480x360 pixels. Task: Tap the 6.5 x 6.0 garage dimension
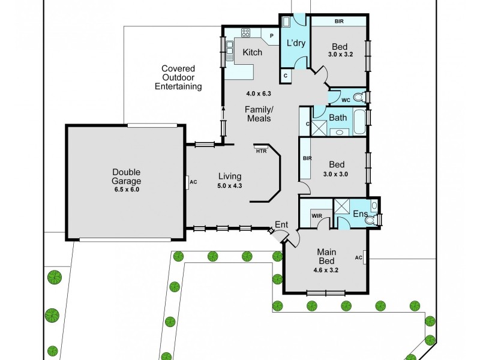[x=126, y=189]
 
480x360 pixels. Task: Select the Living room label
[x=229, y=176]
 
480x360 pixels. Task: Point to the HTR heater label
[x=261, y=151]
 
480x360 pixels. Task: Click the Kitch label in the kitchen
[x=252, y=52]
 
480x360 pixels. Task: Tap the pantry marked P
[x=272, y=36]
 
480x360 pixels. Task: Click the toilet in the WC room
[x=358, y=97]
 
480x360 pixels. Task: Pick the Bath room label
[x=337, y=118]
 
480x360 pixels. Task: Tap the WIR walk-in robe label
[x=316, y=215]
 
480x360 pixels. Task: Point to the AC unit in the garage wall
[x=188, y=182]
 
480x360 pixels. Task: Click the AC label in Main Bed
[x=359, y=258]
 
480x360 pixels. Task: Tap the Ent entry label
[x=281, y=225]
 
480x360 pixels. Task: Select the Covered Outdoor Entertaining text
[x=178, y=77]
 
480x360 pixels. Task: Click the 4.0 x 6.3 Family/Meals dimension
[x=259, y=94]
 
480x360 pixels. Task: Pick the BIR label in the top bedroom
[x=338, y=22]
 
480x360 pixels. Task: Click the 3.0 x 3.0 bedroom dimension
[x=335, y=174]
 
